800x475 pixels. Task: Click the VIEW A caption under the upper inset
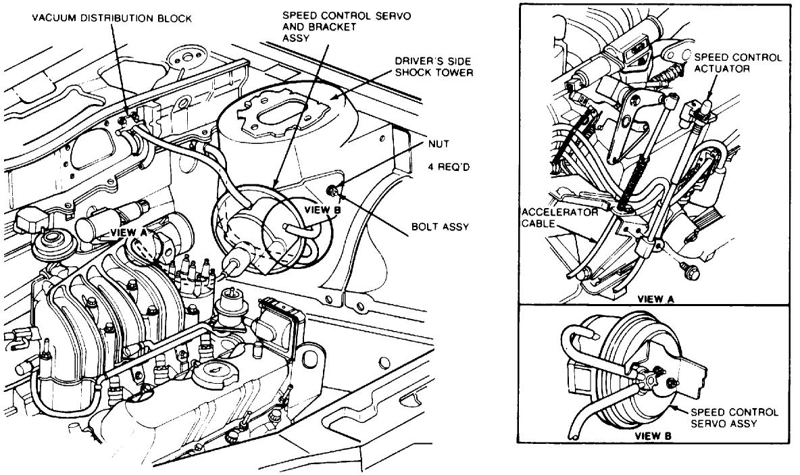click(654, 298)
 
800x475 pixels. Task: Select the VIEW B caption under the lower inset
click(653, 436)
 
